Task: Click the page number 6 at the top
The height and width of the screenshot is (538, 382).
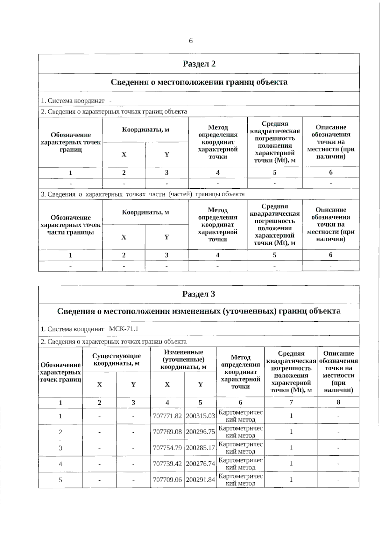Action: [x=191, y=41]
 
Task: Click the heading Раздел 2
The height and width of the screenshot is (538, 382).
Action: [x=199, y=64]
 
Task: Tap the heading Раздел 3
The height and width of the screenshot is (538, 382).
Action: [x=199, y=294]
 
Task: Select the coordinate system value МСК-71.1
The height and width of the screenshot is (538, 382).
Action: [x=124, y=329]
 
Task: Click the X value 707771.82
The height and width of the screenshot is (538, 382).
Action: [x=167, y=416]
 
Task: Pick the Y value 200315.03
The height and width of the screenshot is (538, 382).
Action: [x=200, y=416]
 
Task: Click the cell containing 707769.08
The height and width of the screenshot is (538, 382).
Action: [x=167, y=432]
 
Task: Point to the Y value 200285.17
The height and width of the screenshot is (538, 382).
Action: [x=200, y=448]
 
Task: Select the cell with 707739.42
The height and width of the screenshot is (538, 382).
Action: [x=167, y=464]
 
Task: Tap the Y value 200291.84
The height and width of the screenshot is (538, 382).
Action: [x=200, y=480]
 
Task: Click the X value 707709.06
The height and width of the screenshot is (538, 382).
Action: [x=167, y=480]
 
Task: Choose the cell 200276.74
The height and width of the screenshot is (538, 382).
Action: [x=200, y=464]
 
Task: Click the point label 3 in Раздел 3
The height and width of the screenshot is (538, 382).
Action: [x=60, y=448]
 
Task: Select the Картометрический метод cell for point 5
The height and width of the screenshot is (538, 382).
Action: [x=240, y=480]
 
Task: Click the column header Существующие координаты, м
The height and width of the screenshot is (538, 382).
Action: [x=117, y=360]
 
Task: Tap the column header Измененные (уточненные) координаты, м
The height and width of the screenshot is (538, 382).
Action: [x=183, y=360]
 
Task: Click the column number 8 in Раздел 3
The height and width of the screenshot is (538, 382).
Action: [x=338, y=402]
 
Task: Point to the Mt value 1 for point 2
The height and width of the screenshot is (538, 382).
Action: [x=291, y=432]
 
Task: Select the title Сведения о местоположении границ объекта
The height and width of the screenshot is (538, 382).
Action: [x=199, y=82]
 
